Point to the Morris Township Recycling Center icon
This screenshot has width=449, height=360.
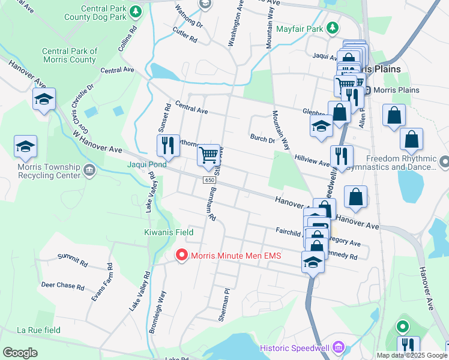89,170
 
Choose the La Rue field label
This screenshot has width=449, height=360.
38,330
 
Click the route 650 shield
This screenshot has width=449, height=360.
209,180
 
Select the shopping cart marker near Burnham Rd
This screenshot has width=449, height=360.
208,155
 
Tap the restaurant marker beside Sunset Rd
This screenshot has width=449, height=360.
168,145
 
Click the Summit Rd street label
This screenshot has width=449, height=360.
73,260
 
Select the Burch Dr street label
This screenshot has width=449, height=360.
262,139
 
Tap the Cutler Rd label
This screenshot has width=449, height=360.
185,35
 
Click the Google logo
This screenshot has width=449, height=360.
20,352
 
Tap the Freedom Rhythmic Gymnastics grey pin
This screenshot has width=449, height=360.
444,162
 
